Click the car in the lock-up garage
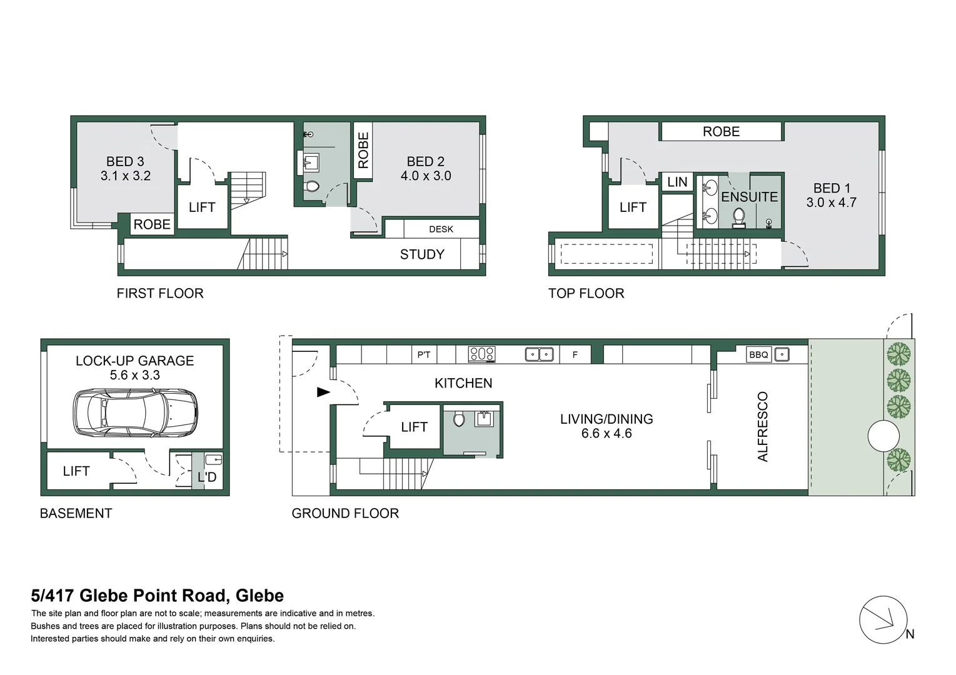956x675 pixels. pos(135,412)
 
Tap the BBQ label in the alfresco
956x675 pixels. pos(758,354)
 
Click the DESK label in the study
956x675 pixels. pos(441,229)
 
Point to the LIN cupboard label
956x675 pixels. pos(677,182)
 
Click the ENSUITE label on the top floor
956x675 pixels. pos(750,197)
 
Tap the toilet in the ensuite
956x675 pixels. pos(739,217)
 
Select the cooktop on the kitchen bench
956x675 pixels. pos(482,354)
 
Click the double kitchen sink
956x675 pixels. pos(539,354)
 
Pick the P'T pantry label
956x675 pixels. pos(424,354)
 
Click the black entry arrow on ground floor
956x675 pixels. pos(323,392)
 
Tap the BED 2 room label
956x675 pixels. pos(426,161)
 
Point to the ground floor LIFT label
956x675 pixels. pos(414,427)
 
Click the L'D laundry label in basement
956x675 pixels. pos(207,477)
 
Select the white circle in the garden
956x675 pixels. pos(883,436)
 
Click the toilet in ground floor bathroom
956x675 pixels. pos(459,419)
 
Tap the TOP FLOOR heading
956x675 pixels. pos(586,293)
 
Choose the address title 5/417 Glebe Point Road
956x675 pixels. pos(158,596)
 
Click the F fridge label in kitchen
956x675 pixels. pos(575,354)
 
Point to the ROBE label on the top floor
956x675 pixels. pos(722,131)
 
